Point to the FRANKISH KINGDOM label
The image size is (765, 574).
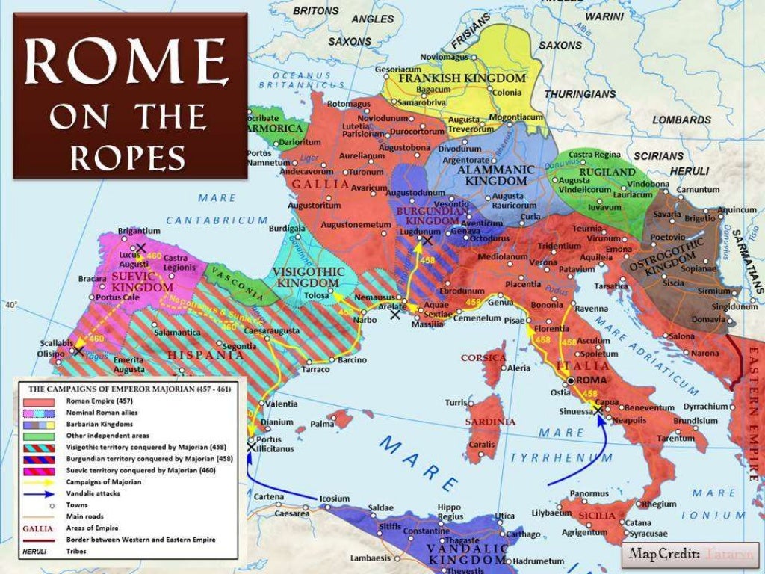(462, 78)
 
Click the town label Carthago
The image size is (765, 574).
(523, 534)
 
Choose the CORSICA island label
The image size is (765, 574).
(483, 358)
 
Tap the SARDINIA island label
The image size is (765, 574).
(491, 422)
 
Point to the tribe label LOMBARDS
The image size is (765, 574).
(681, 120)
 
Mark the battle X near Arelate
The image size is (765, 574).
(395, 314)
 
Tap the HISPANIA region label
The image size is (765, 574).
(196, 355)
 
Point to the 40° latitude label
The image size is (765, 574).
(10, 305)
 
